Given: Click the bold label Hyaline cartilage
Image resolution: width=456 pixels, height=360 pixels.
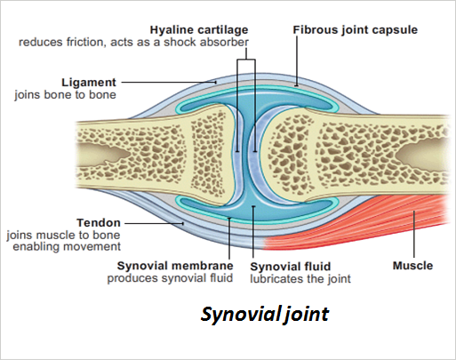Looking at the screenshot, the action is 199,30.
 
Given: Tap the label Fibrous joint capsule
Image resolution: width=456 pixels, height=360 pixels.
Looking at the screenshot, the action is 356,30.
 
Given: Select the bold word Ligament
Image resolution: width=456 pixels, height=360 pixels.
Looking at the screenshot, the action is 89,83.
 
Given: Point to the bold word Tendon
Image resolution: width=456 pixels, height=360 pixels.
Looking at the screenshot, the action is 99,222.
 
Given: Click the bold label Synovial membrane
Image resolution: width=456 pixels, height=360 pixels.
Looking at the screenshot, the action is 175,266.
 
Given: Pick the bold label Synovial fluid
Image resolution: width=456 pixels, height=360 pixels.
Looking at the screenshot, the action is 291,267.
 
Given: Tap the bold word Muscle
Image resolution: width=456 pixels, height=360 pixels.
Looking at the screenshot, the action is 412,266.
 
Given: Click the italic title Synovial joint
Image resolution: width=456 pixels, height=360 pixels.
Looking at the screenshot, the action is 265,314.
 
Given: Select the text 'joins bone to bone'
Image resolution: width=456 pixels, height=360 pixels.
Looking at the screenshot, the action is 65,95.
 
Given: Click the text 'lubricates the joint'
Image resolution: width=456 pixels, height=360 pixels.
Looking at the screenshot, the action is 300,279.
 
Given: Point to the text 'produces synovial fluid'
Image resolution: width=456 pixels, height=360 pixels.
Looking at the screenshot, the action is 170,278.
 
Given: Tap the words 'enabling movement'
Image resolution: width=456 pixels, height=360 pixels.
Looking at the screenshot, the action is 67,246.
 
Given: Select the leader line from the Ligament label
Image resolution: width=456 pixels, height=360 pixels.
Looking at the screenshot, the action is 169,83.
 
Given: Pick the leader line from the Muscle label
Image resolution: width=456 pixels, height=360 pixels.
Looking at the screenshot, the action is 414,234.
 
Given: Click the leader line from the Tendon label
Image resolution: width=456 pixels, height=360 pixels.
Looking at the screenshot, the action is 154,223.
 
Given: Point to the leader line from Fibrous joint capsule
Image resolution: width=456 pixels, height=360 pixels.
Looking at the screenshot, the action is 297,61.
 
